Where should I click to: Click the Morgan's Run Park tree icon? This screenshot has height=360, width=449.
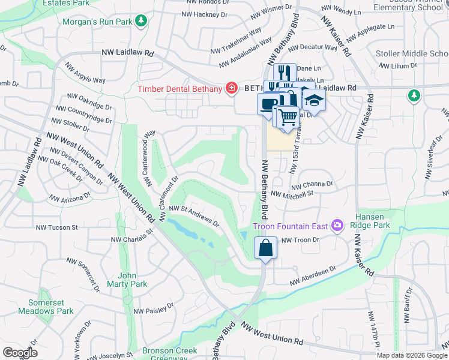[141, 22]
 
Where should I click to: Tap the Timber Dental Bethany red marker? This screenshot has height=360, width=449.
[231, 88]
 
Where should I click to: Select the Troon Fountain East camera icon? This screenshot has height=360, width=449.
[337, 226]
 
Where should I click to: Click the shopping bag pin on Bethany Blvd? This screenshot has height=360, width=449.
[265, 247]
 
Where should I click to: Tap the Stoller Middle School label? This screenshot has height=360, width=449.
[411, 54]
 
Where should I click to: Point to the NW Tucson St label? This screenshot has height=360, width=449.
[57, 227]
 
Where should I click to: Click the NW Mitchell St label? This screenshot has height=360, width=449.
[293, 194]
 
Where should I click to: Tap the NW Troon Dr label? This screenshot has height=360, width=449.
[298, 239]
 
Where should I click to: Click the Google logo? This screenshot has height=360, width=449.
[19, 353]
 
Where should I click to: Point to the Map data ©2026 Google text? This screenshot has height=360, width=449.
[411, 355]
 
